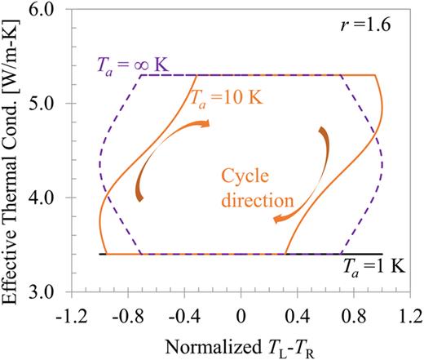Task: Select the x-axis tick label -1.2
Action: (71, 313)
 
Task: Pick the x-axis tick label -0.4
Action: (183, 313)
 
